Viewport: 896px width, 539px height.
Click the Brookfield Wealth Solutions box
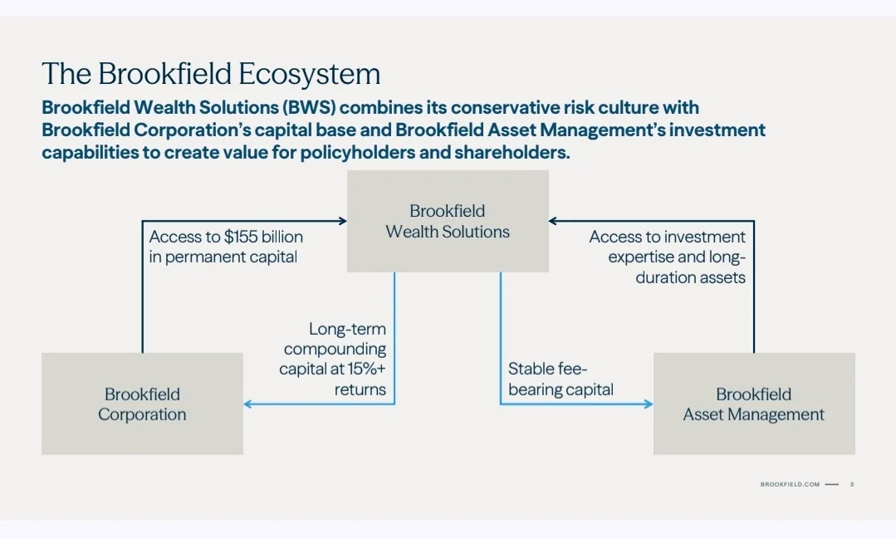(448, 221)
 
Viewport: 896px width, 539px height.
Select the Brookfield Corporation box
(142, 404)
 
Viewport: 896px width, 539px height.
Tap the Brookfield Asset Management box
(754, 404)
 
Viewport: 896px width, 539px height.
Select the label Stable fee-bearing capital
(561, 379)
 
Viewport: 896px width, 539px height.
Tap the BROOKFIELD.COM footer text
(789, 484)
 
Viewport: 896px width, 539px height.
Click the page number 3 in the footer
(851, 484)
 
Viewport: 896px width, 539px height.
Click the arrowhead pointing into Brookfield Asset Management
(649, 404)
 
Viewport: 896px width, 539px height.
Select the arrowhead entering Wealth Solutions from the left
(342, 221)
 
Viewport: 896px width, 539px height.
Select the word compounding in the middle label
(335, 349)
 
